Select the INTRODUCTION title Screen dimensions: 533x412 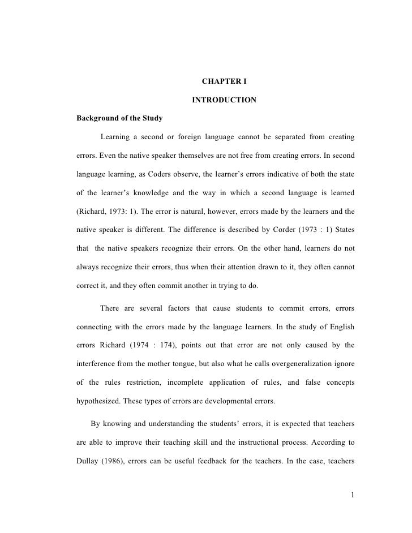[x=224, y=101]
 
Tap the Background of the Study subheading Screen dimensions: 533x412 [x=119, y=119]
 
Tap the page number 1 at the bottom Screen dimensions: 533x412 [x=352, y=496]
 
